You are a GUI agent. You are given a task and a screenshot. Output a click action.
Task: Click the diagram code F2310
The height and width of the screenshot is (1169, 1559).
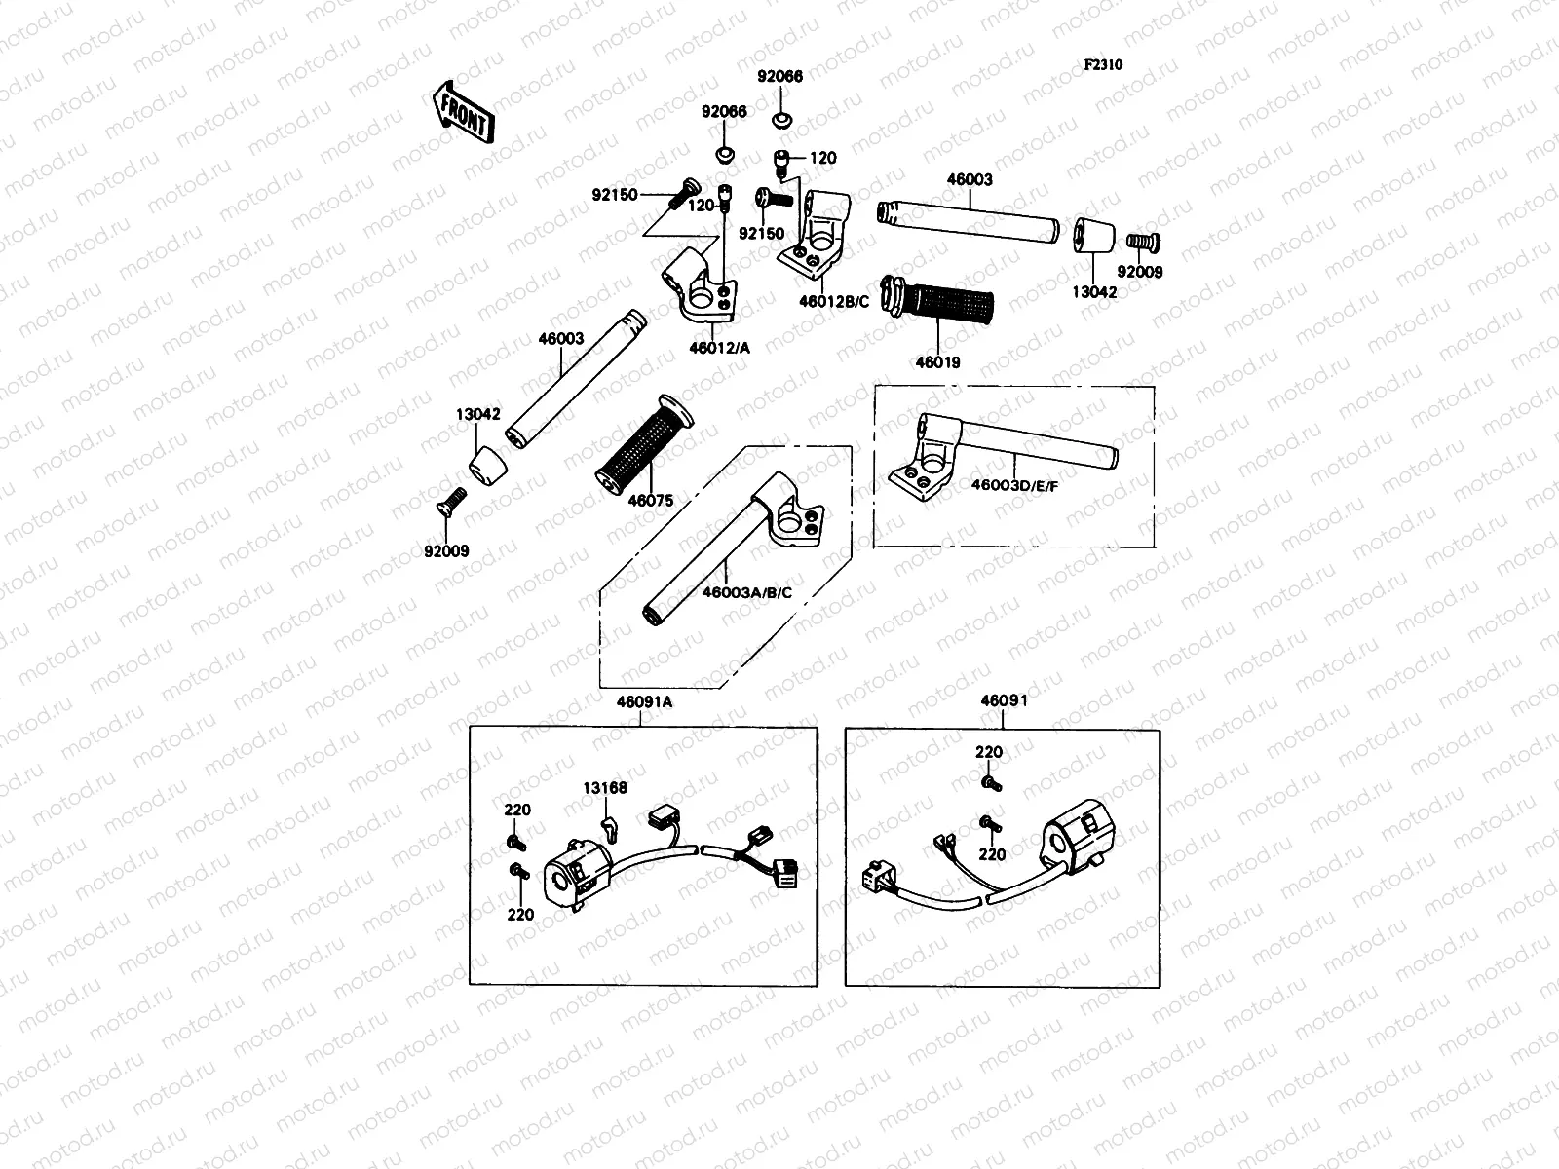(1103, 65)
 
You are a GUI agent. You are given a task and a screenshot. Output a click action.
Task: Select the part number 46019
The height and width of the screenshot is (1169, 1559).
(937, 362)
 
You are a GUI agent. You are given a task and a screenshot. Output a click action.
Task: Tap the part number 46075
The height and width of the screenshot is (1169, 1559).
(650, 501)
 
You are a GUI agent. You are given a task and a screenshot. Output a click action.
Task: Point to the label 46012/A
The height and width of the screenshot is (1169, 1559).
(719, 348)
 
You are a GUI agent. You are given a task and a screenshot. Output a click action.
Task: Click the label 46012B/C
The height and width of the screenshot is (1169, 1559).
(833, 302)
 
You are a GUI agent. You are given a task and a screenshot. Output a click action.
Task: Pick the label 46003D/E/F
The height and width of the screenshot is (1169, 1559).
(1013, 484)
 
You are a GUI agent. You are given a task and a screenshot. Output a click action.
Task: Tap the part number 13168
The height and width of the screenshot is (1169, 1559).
(605, 788)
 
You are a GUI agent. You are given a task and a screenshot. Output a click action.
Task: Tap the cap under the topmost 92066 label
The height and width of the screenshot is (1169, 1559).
(780, 121)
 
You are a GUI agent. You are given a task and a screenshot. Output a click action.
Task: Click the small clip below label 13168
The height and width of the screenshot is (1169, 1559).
(609, 828)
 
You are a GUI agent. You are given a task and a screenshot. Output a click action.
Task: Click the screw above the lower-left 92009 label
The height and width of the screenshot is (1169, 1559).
(448, 504)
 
